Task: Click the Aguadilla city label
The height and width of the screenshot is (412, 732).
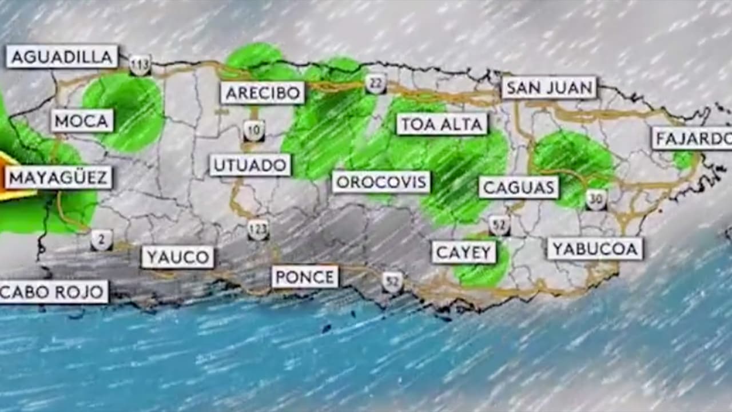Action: tap(62, 57)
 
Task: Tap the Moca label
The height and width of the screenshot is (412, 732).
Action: tap(82, 121)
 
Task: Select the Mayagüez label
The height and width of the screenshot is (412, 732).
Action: tap(58, 177)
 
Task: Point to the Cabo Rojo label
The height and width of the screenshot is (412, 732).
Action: tap(53, 292)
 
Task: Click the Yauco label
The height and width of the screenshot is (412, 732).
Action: tap(178, 257)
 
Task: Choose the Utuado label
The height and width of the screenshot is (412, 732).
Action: tap(250, 165)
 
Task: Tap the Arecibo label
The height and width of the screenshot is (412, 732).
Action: tap(262, 93)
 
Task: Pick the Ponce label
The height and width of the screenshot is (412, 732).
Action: tap(305, 277)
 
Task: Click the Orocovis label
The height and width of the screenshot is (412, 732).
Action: tap(381, 183)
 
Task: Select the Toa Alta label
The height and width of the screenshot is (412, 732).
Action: tap(442, 124)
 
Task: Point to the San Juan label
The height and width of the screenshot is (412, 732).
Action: tap(549, 88)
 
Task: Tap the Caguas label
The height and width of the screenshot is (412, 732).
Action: tap(519, 187)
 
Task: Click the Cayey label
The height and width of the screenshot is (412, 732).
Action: tap(464, 252)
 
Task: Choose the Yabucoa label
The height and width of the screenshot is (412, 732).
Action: tap(595, 248)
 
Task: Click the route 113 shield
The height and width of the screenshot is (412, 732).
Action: tap(140, 65)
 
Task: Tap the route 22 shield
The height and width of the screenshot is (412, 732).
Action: tap(376, 84)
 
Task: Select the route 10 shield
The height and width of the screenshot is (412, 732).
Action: tap(254, 130)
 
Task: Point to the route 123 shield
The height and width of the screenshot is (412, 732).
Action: tap(258, 229)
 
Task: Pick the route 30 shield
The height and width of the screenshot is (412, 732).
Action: tap(596, 200)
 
